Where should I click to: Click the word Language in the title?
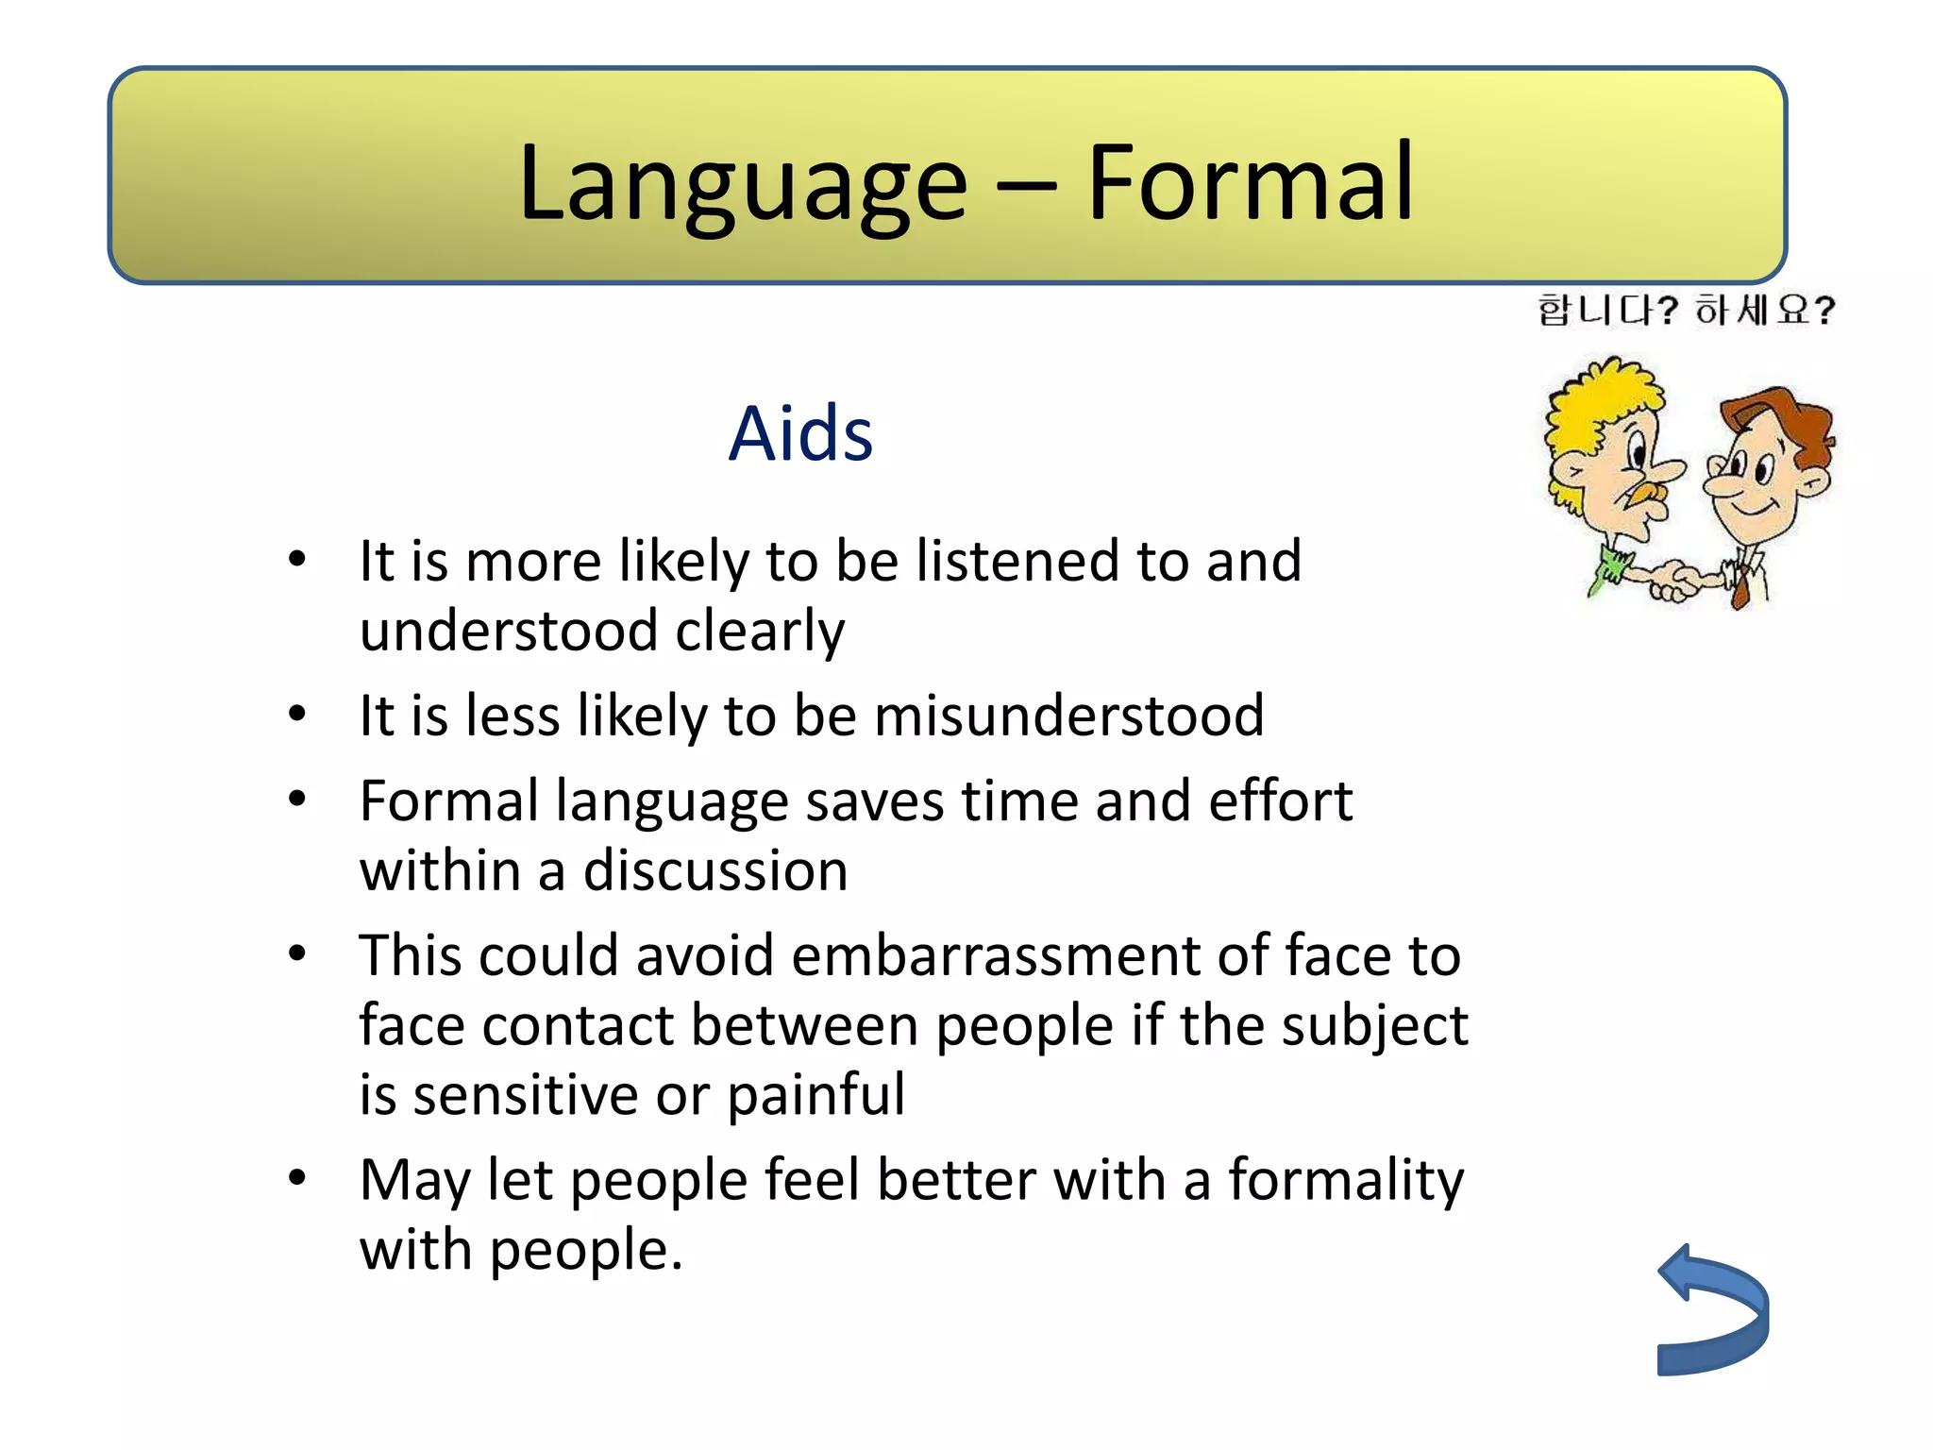pyautogui.click(x=743, y=184)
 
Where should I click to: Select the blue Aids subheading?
pyautogui.click(x=800, y=434)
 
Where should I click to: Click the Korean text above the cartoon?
pyautogui.click(x=1686, y=310)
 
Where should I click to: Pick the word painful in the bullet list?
pyautogui.click(x=815, y=1095)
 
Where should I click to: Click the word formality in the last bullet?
pyautogui.click(x=1345, y=1180)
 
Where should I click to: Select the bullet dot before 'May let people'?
pyautogui.click(x=297, y=1177)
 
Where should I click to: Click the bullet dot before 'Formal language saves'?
pyautogui.click(x=297, y=799)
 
